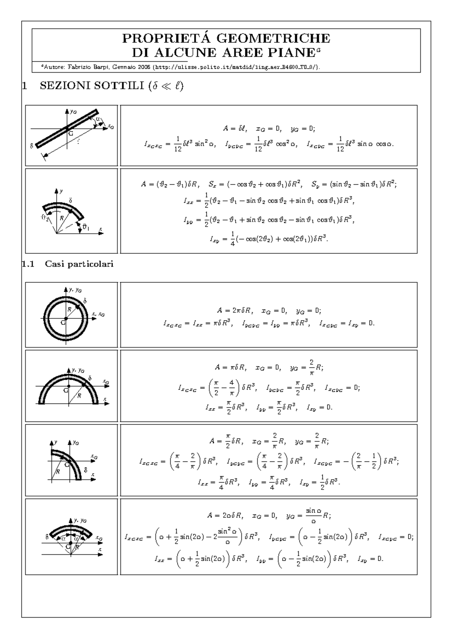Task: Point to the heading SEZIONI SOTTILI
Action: click(x=90, y=86)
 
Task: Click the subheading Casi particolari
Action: click(x=79, y=264)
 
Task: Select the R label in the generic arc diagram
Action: click(x=61, y=218)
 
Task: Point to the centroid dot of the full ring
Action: click(x=66, y=319)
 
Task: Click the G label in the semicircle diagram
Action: click(x=66, y=390)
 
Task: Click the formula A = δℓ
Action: click(x=234, y=129)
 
